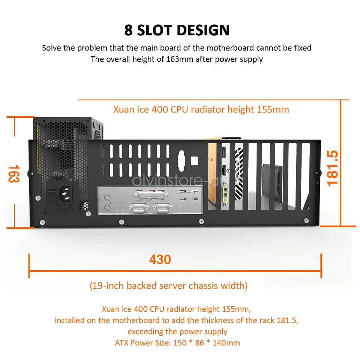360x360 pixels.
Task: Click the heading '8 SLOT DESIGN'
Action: [x=177, y=30]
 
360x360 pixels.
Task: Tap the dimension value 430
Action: [x=160, y=259]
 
